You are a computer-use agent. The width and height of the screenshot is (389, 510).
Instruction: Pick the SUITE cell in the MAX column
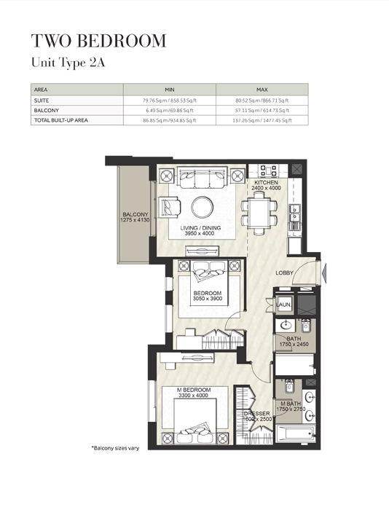pyautogui.click(x=262, y=100)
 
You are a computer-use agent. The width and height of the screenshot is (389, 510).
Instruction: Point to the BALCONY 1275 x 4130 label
pyautogui.click(x=134, y=219)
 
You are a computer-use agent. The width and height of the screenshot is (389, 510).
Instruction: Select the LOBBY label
pyautogui.click(x=285, y=272)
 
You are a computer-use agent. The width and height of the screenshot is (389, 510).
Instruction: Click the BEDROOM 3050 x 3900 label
pyautogui.click(x=207, y=297)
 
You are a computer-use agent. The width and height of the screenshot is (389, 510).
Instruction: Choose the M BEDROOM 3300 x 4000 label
pyautogui.click(x=194, y=394)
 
